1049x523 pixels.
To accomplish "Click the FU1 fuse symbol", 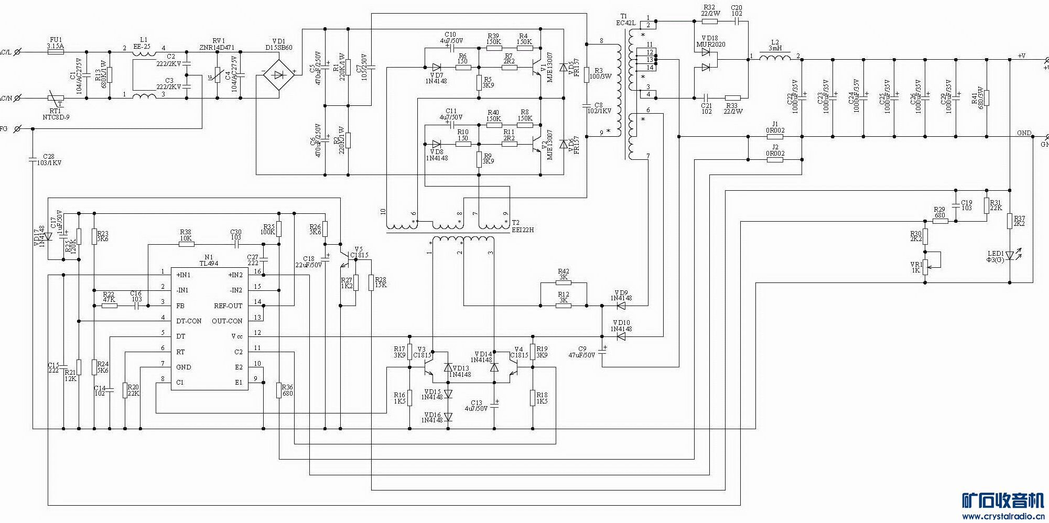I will pyautogui.click(x=55, y=52).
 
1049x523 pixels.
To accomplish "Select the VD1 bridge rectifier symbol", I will pyautogui.click(x=275, y=75).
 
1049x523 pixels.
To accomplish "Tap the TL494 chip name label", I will pyautogui.click(x=209, y=264).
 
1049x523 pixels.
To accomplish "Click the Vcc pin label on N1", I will pyautogui.click(x=237, y=336).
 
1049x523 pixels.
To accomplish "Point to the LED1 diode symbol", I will pyautogui.click(x=1010, y=256).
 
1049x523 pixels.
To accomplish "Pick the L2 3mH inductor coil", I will pyautogui.click(x=774, y=57).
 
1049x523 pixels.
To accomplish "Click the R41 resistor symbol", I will pyautogui.click(x=986, y=98).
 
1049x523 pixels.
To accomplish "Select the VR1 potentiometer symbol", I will pyautogui.click(x=925, y=267).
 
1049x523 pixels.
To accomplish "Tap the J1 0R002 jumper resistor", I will pyautogui.click(x=775, y=137).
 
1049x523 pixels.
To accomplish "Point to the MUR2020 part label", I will pyautogui.click(x=710, y=45).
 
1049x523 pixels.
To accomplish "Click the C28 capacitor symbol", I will pyautogui.click(x=33, y=159).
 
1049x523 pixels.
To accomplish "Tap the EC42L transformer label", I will pyautogui.click(x=625, y=23).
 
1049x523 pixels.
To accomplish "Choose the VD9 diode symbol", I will pyautogui.click(x=621, y=306).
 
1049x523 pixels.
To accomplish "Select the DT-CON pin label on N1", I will pyautogui.click(x=188, y=321).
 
